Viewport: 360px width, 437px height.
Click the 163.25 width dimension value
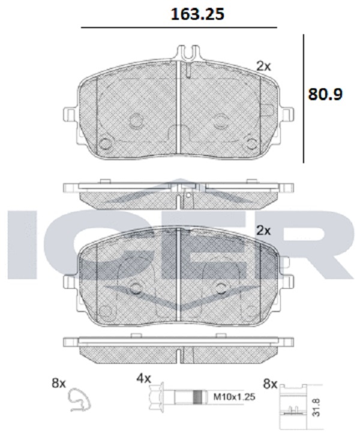coord(197,14)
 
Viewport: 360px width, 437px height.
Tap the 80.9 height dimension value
coord(325,94)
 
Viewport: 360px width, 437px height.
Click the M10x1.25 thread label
coord(234,396)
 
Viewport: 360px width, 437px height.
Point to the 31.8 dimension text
coord(316,407)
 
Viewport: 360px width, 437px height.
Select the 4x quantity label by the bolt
coord(144,378)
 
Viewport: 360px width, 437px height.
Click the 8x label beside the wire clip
coord(59,383)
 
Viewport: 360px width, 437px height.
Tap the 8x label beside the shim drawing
coord(270,384)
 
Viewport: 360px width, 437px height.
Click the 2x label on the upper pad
coord(263,66)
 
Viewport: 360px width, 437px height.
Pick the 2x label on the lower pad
coord(263,231)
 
